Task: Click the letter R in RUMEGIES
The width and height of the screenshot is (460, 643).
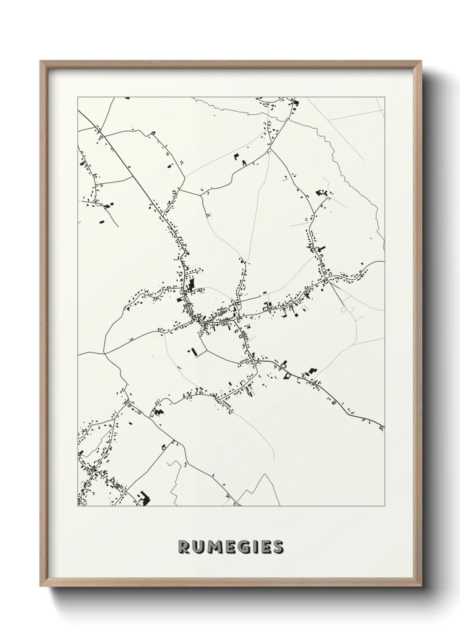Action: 184,547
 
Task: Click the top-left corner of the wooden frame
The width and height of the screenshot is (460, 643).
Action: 40,61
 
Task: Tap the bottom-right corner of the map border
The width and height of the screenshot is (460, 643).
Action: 385,507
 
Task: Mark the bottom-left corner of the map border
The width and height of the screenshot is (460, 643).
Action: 77,507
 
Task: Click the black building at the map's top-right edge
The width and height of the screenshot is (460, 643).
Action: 297,103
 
